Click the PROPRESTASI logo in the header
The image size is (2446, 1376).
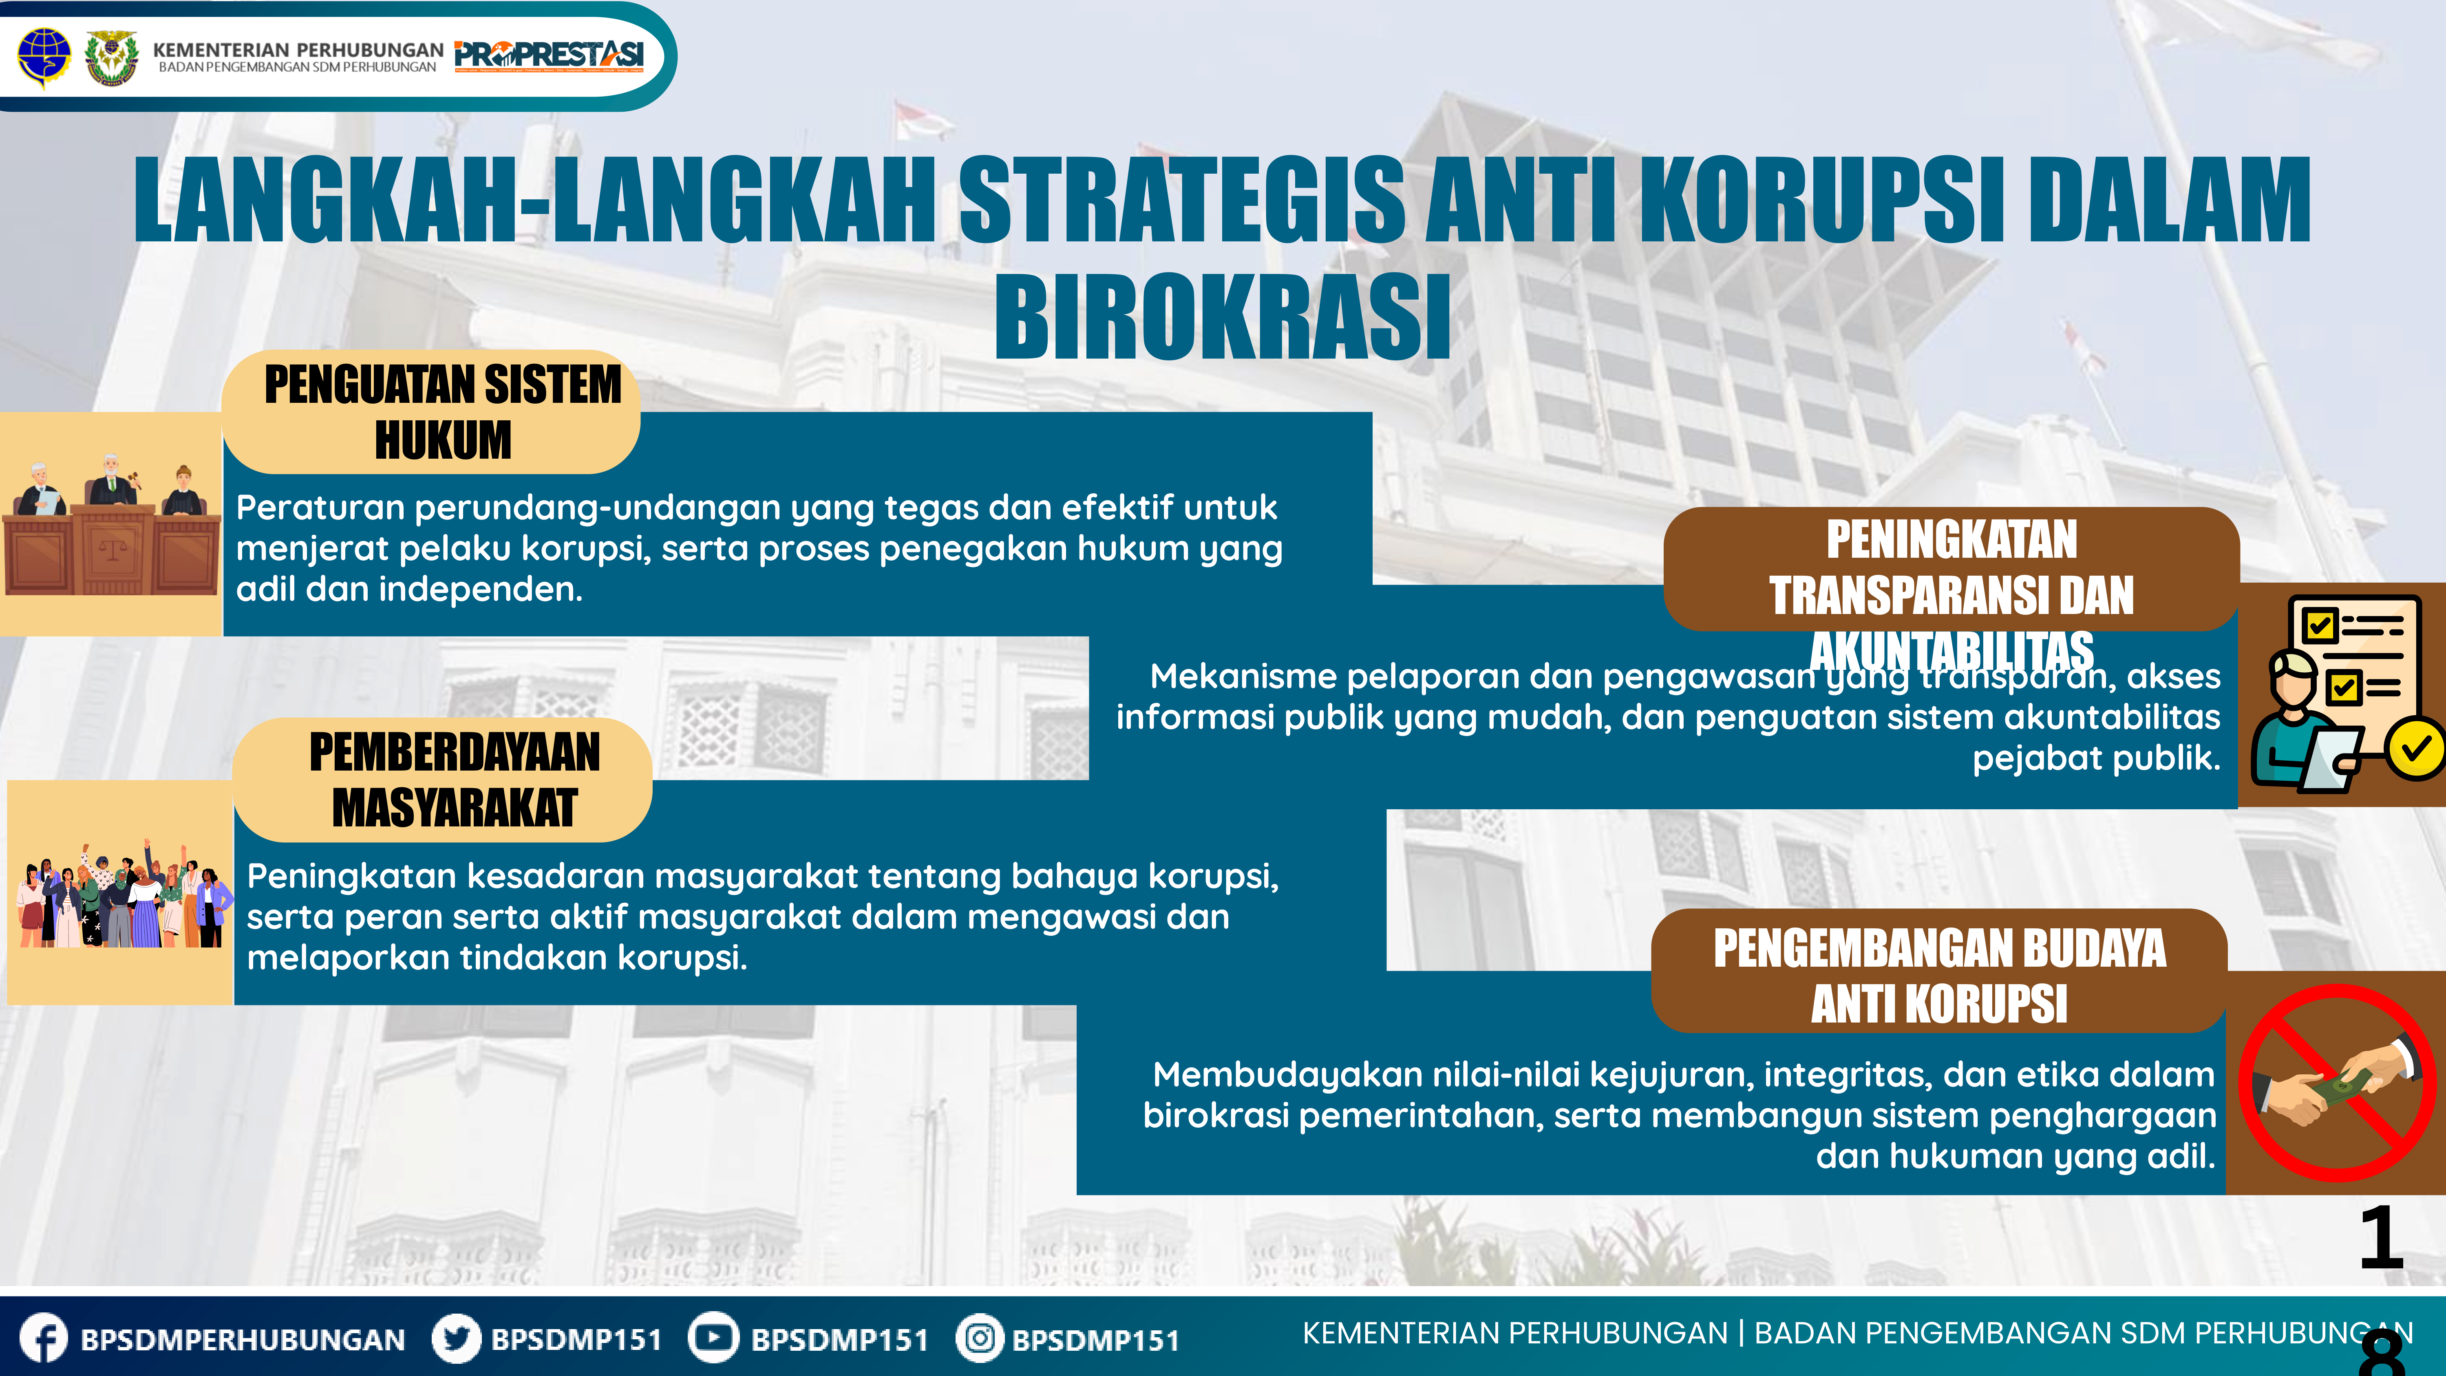click(x=549, y=55)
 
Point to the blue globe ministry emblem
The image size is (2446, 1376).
click(x=44, y=55)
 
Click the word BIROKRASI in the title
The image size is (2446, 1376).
click(x=1223, y=316)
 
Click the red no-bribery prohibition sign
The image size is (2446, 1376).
click(x=2337, y=1082)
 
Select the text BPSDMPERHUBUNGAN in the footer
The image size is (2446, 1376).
click(x=243, y=1340)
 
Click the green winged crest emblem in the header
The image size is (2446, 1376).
click(x=111, y=57)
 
